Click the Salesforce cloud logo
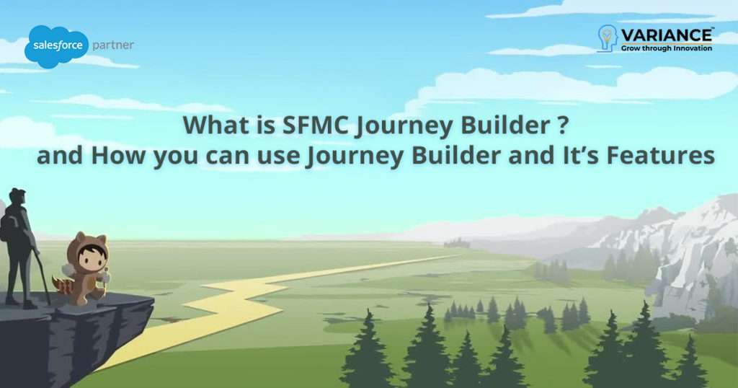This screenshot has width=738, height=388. (55, 46)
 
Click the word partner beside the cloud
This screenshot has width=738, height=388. (113, 45)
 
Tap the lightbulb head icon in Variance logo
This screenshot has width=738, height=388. (608, 38)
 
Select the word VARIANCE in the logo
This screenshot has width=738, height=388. (667, 34)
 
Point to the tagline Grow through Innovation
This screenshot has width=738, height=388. (667, 48)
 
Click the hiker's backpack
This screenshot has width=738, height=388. (8, 227)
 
